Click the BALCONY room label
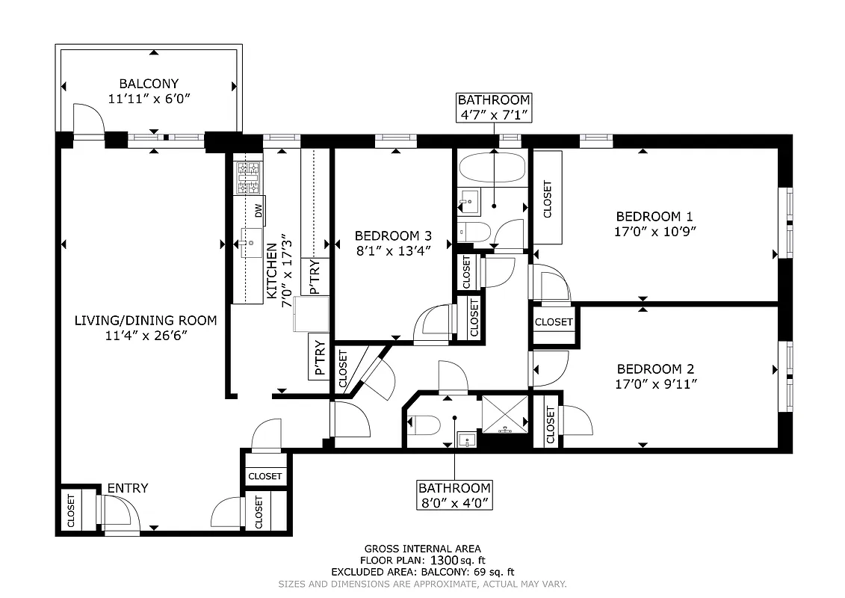[x=149, y=84]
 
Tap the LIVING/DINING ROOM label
[x=146, y=321]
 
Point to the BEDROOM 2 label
[x=655, y=369]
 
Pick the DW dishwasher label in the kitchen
[x=259, y=210]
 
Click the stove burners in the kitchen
[x=249, y=177]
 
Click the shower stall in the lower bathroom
[x=505, y=413]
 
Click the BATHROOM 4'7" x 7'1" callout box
[x=494, y=107]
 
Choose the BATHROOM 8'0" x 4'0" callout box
[x=455, y=495]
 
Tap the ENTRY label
[x=127, y=488]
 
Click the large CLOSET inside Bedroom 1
[x=548, y=198]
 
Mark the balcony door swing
[x=87, y=120]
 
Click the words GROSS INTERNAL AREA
[x=422, y=548]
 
